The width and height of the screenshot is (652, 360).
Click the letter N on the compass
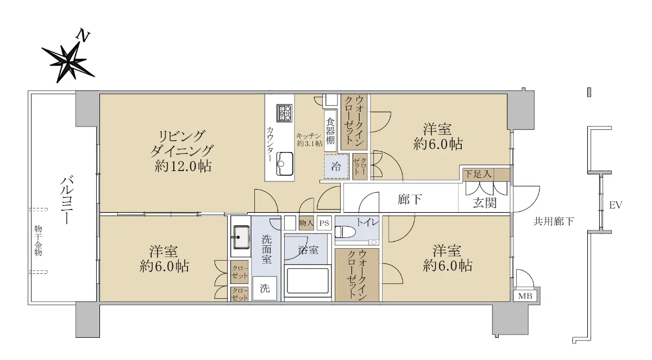(x=83, y=36)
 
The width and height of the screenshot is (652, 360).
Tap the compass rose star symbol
(x=68, y=62)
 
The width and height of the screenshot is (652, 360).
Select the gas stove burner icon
(x=284, y=113)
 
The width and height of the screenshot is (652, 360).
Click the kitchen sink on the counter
(x=284, y=164)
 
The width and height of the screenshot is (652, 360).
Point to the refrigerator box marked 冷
(x=336, y=166)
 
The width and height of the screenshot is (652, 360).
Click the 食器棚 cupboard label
(x=330, y=131)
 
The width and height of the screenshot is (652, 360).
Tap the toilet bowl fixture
(x=346, y=232)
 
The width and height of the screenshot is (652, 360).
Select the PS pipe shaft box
(x=324, y=223)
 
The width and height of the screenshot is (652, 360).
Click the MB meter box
(x=525, y=296)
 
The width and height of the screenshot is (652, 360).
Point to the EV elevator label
(x=616, y=205)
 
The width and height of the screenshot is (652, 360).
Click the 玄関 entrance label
(x=484, y=203)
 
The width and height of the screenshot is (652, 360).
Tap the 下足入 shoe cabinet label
(x=478, y=174)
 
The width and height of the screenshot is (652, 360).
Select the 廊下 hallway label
(x=410, y=199)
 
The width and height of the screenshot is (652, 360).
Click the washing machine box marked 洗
(x=265, y=288)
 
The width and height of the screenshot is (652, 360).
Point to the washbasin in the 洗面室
(x=240, y=237)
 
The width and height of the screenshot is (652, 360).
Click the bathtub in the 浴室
(x=308, y=281)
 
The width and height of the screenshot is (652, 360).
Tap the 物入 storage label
(x=306, y=223)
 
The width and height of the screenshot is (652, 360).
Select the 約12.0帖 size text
(x=183, y=167)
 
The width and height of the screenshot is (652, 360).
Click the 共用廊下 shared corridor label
(x=553, y=222)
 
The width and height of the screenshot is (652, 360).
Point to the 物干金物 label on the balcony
(x=38, y=240)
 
